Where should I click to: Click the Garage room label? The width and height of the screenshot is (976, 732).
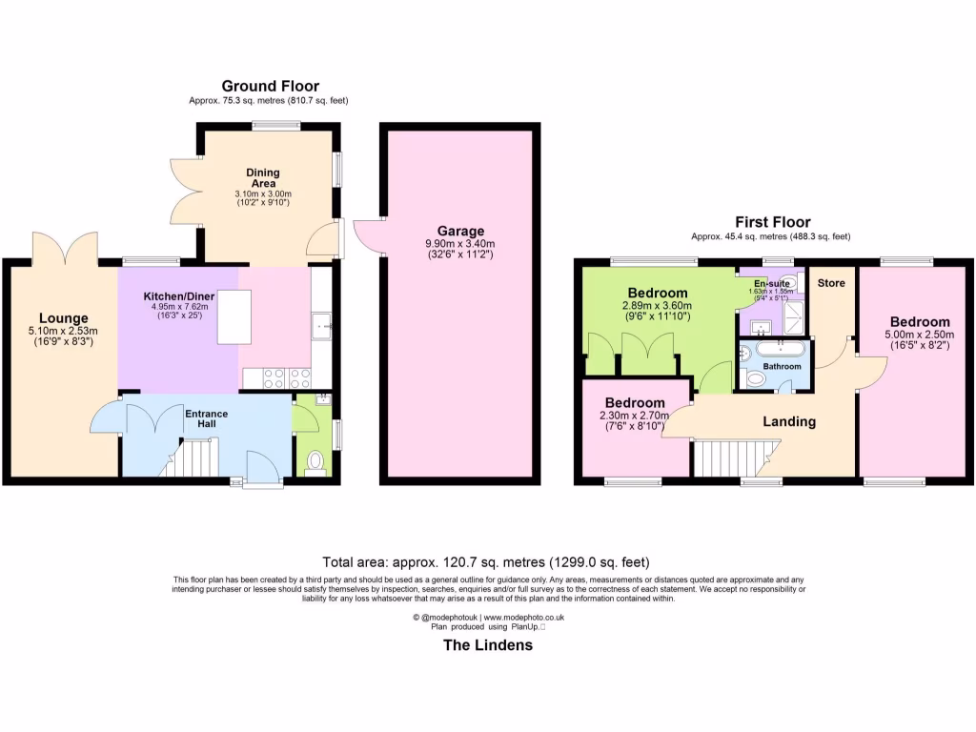pos(461,231)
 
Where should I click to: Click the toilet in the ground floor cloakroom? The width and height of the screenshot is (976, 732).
pos(316,462)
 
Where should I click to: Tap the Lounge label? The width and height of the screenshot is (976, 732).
pos(64,317)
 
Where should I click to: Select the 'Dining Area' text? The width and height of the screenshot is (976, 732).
pos(263,178)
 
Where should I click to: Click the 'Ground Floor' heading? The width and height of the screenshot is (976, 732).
pos(271,87)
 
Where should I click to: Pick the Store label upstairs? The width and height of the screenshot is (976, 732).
pos(831,283)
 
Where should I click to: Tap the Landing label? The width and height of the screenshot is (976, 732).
pos(789,421)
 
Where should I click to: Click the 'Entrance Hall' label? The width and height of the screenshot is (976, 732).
pos(207,419)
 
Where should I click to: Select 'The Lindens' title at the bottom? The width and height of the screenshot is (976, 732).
pos(488,645)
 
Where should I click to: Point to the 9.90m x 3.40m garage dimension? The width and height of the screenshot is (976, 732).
pos(461,244)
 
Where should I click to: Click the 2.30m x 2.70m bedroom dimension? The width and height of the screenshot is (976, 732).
pos(635,416)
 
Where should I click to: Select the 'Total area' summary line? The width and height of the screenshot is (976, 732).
pos(487,562)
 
